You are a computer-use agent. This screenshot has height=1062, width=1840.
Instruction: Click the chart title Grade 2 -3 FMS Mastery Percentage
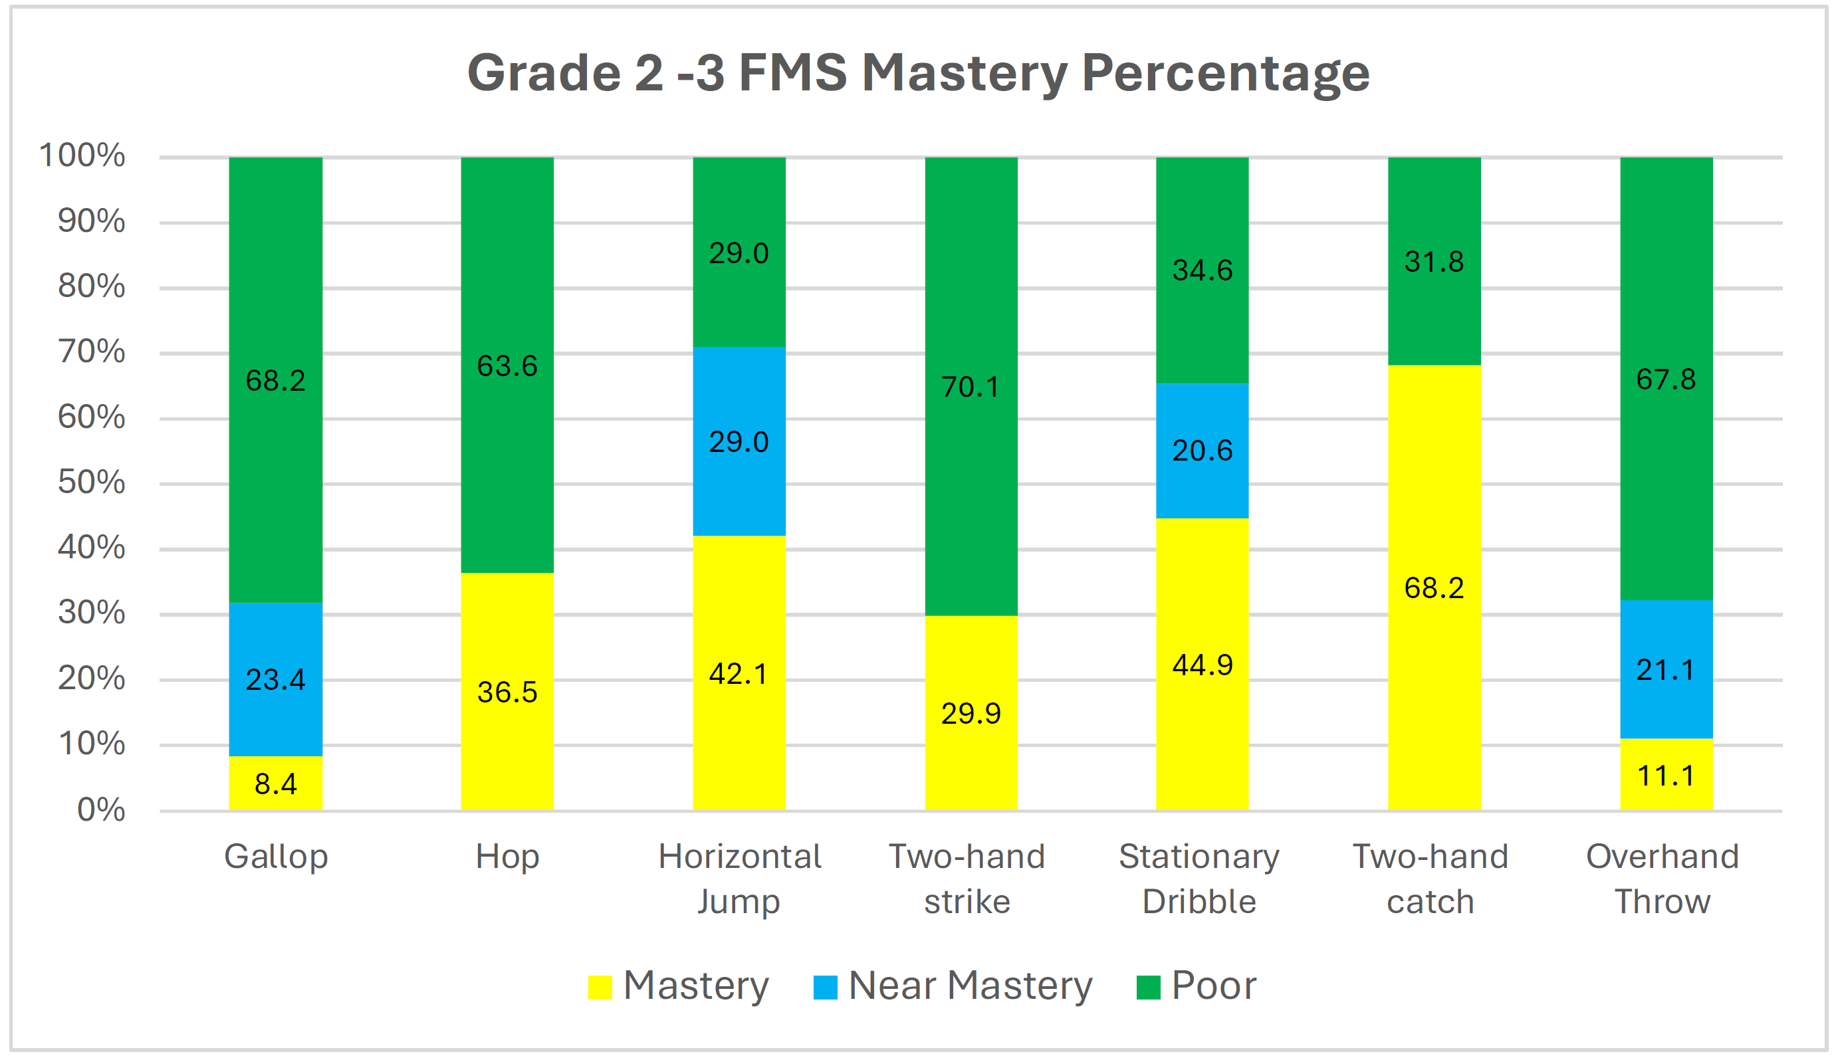click(x=918, y=73)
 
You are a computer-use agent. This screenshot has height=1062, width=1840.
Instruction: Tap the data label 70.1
click(x=971, y=387)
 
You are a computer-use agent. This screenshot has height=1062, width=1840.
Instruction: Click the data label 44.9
click(x=1202, y=665)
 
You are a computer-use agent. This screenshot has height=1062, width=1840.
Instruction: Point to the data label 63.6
click(x=507, y=366)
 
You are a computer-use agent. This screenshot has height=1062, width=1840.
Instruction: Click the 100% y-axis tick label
click(x=82, y=156)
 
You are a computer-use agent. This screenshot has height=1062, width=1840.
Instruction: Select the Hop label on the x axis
click(x=507, y=856)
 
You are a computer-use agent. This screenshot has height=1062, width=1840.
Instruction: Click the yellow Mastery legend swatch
click(x=600, y=987)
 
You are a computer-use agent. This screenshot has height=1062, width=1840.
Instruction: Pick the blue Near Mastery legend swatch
click(x=824, y=987)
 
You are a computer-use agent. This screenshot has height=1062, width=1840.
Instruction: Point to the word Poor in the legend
click(x=1213, y=986)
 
